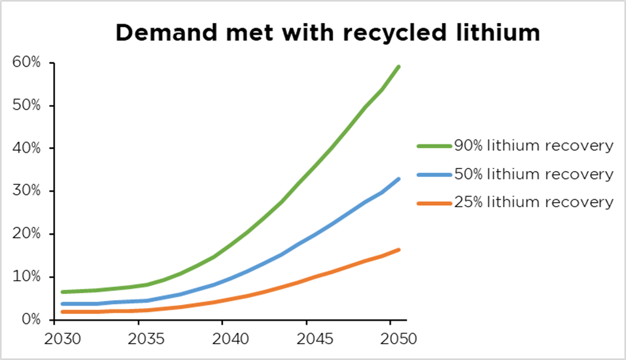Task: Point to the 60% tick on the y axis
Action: click(26, 63)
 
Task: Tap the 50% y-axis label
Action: click(26, 106)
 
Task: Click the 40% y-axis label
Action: click(26, 148)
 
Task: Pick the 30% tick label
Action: click(26, 191)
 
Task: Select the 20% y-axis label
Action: click(26, 234)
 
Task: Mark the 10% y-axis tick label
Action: click(26, 277)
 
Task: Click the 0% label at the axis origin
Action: click(29, 319)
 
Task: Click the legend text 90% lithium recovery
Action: click(534, 146)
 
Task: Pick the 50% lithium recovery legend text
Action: click(534, 174)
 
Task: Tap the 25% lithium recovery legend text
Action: click(534, 202)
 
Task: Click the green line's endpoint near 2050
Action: click(399, 66)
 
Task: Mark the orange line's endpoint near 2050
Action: click(399, 249)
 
